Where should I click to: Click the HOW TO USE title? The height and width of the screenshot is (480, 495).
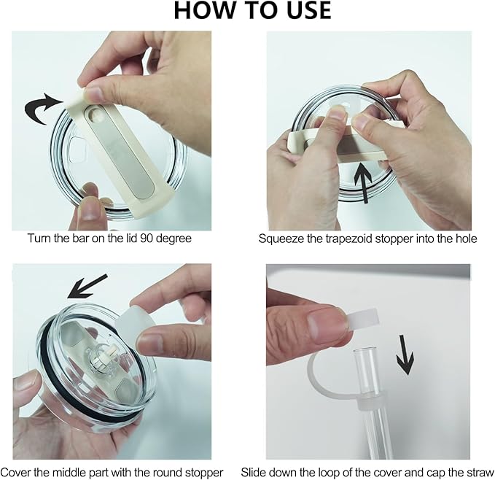click(252, 10)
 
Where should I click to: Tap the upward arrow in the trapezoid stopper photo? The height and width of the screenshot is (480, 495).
click(363, 183)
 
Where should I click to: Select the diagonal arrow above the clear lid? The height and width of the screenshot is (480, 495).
click(87, 287)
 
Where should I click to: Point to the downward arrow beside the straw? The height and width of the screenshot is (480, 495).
click(405, 355)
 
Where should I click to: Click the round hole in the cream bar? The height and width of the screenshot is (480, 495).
click(95, 114)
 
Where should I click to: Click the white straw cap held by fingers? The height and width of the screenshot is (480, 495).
click(362, 317)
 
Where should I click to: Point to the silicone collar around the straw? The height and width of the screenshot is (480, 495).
click(372, 400)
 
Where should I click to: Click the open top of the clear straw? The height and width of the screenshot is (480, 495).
click(365, 351)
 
